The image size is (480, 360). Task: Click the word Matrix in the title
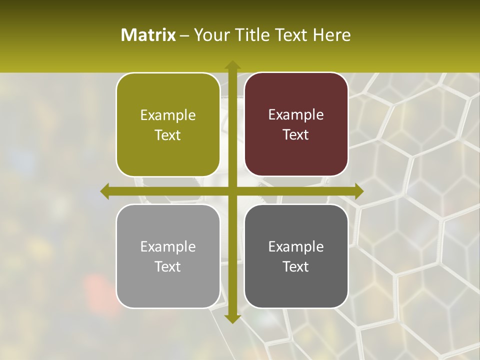(148, 35)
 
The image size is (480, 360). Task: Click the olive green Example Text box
(168, 125)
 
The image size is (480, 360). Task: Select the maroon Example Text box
(296, 124)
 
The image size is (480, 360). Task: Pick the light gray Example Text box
(168, 256)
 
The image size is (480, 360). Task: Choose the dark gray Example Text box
(296, 256)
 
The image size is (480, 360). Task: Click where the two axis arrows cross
(232, 191)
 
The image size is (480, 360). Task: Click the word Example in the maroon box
(296, 115)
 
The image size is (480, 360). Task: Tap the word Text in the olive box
(168, 135)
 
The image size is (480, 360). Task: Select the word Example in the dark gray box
(296, 246)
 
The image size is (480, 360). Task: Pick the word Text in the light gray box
(168, 266)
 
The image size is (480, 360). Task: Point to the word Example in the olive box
(168, 115)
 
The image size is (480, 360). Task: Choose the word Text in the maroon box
(296, 135)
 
